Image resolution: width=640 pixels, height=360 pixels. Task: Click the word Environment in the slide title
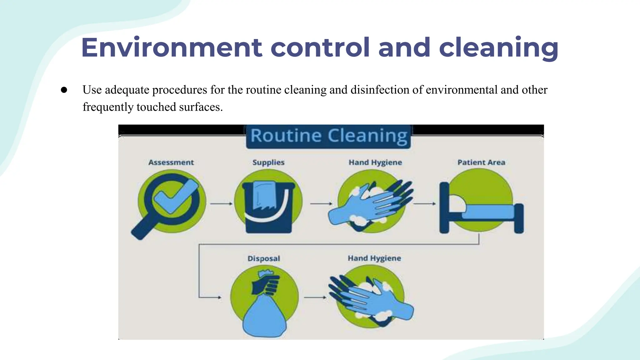pos(172,48)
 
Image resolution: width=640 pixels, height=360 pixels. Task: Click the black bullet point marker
pos(64,90)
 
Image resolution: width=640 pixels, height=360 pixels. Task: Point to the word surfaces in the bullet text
pos(200,107)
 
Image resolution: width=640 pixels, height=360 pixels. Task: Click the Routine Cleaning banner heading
pos(329,136)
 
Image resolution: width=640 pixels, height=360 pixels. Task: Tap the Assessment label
pos(171,162)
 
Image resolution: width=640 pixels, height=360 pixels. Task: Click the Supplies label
pos(268,162)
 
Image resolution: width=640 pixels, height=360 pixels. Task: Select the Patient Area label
pos(481,162)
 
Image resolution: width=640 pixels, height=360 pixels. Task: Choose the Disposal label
pos(264,259)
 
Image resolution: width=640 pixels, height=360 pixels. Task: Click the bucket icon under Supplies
pos(268,206)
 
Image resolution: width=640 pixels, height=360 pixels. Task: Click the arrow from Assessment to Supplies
pos(221,204)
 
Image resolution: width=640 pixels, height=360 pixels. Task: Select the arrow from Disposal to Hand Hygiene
pos(315,297)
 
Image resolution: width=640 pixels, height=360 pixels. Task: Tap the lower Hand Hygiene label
pos(374,258)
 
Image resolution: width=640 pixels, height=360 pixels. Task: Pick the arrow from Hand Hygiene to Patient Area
pos(424,204)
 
